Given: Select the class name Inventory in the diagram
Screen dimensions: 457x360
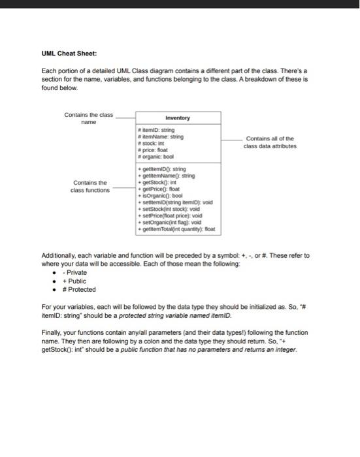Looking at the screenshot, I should (178, 118).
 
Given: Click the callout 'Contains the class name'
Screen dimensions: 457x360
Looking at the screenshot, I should (88, 119).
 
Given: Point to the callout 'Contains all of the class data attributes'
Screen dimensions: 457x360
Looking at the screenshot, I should (269, 142).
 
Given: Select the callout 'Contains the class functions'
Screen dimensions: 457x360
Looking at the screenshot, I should (90, 186).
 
